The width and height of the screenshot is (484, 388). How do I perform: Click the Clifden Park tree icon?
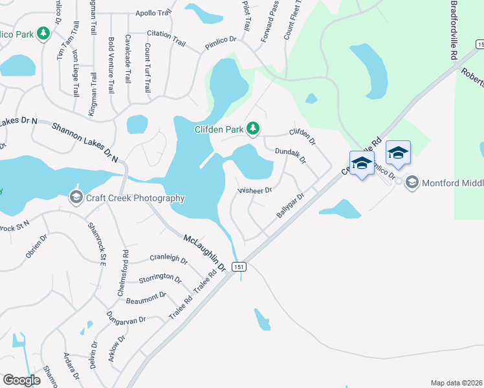[x=253, y=129]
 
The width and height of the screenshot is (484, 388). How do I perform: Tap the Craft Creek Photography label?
[x=136, y=199]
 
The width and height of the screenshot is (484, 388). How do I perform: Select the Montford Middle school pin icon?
[x=412, y=183]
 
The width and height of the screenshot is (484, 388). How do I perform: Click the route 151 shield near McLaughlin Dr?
[x=239, y=266]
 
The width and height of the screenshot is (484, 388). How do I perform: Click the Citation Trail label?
[x=166, y=38]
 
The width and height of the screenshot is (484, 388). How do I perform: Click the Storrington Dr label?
[x=160, y=278]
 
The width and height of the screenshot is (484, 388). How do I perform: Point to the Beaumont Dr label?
[x=146, y=298]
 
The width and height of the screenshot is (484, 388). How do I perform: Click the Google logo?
[x=21, y=380]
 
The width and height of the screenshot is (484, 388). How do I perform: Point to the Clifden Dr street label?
[x=302, y=136]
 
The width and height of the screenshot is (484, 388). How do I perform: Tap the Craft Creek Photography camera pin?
[x=76, y=196]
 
